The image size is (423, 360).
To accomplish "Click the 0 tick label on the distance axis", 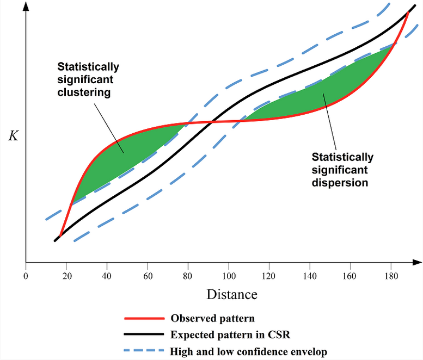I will pyautogui.click(x=26, y=275).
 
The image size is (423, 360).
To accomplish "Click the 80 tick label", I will pyautogui.click(x=188, y=275).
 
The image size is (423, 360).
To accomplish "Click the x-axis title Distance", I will pyautogui.click(x=231, y=295).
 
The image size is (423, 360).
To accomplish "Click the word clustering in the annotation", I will pyautogui.click(x=84, y=92).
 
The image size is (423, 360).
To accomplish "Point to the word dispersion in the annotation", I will pyautogui.click(x=340, y=183).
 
